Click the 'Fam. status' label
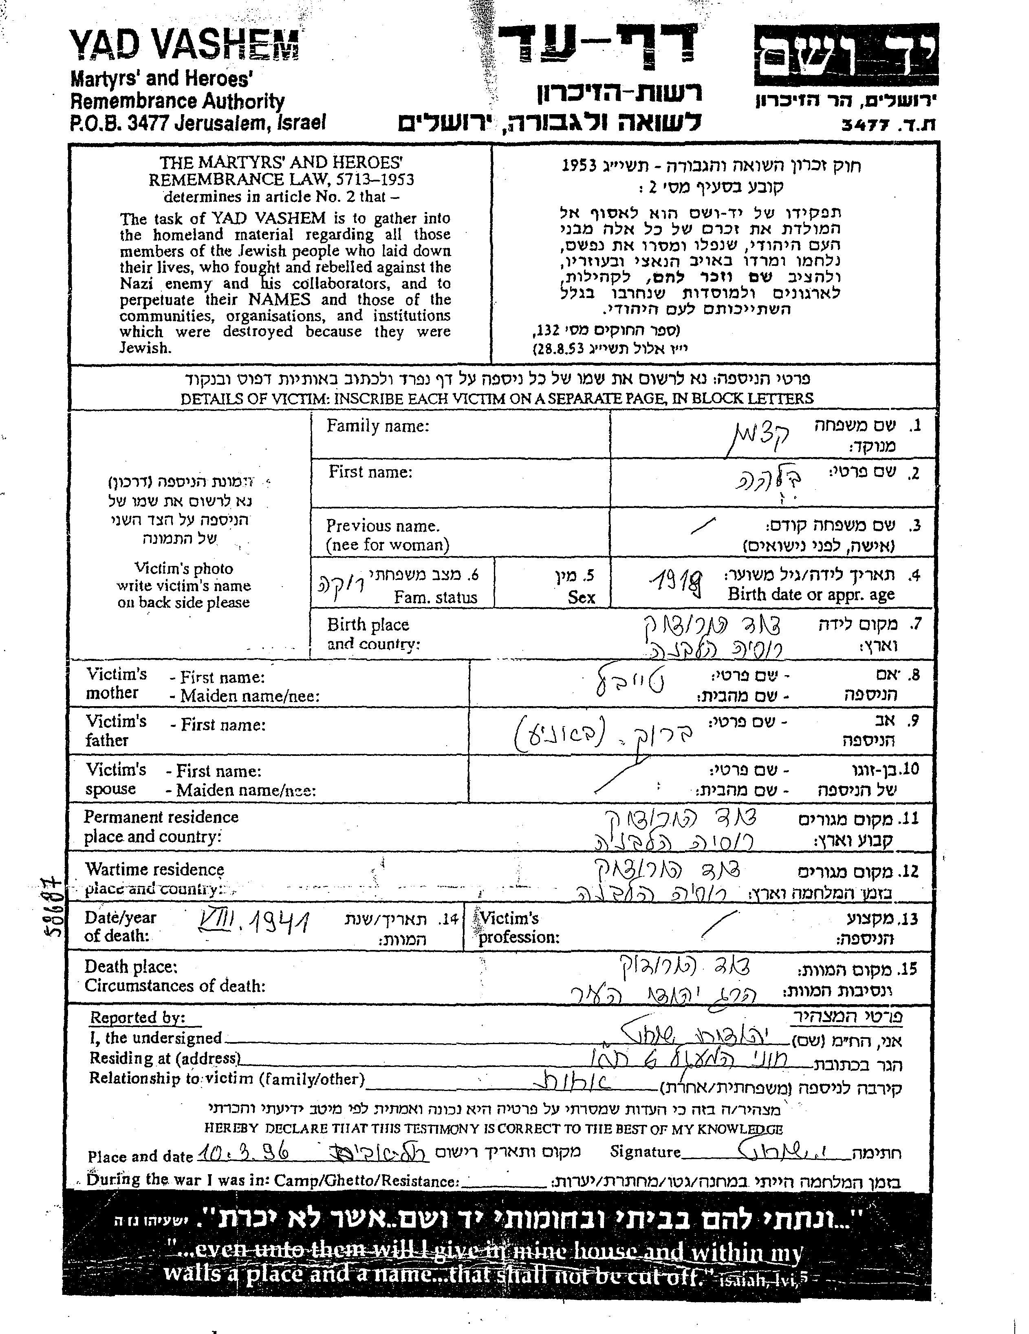(x=435, y=597)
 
